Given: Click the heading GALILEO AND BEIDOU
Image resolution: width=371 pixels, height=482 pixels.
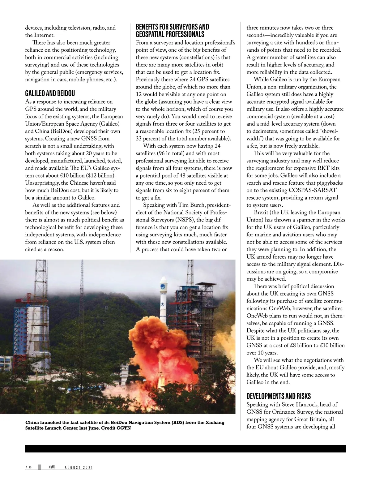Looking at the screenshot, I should coord(50,93).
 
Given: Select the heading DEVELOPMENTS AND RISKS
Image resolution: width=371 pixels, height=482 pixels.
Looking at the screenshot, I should coord(279,396).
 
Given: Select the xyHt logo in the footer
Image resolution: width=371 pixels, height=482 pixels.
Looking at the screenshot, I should coord(52,467).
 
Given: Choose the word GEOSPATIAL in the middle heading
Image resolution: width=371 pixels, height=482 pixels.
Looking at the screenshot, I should coord(149,34).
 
